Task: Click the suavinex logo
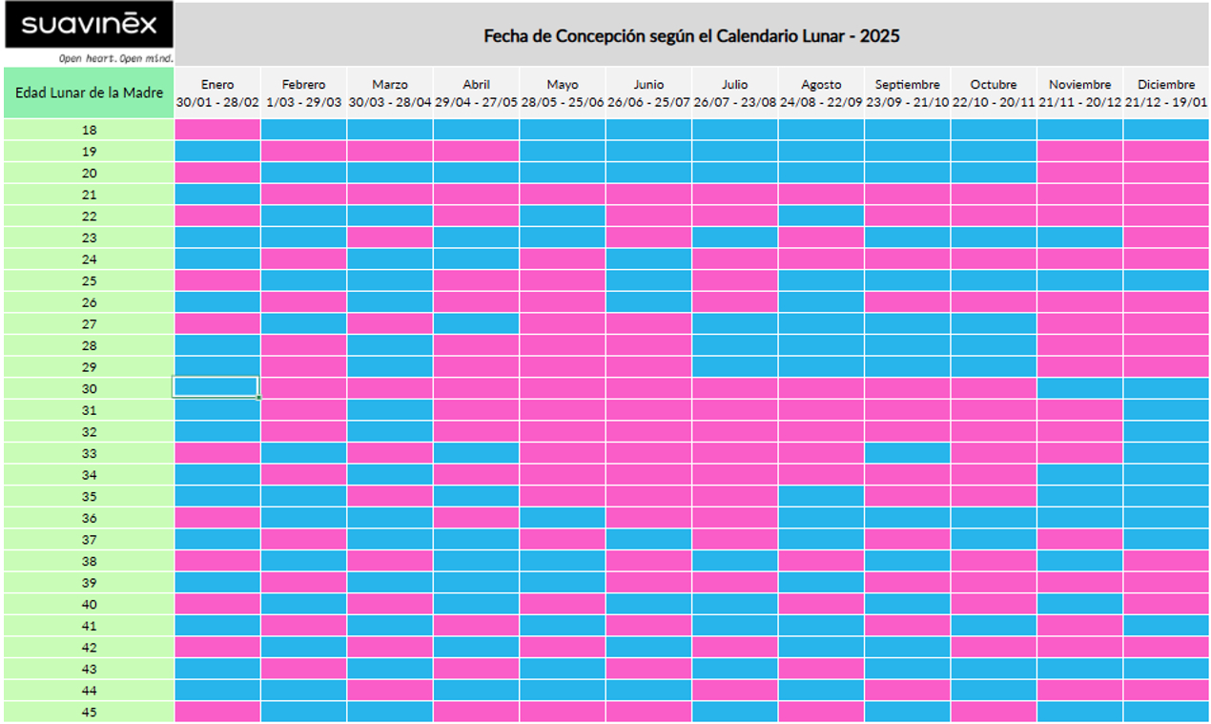[89, 25]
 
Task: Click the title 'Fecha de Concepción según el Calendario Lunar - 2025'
[691, 36]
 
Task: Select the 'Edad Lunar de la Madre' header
[89, 93]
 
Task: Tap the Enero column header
[217, 93]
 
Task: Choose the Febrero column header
[303, 93]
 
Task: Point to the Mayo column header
[563, 93]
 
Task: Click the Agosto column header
[821, 93]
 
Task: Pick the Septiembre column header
[907, 93]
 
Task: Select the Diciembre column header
[1165, 93]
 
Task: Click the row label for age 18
[89, 130]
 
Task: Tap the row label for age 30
[89, 388]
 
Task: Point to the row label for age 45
[89, 712]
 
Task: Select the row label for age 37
[89, 539]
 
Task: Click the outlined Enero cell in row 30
[216, 387]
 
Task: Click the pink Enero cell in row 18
[217, 129]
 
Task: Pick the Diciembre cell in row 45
[1165, 712]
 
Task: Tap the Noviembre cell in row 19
[1079, 151]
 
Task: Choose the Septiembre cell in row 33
[907, 452]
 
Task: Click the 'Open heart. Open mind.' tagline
[114, 57]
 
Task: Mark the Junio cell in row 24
[648, 259]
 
